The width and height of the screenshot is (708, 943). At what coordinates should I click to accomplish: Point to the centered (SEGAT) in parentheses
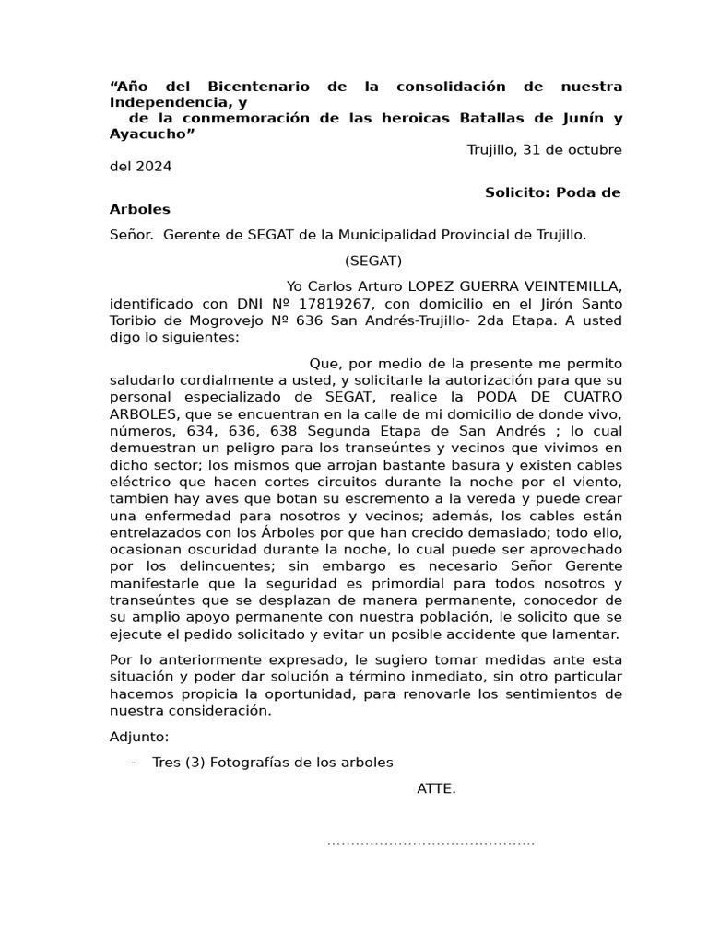(x=373, y=261)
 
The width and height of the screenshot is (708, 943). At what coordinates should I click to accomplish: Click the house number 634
(x=195, y=432)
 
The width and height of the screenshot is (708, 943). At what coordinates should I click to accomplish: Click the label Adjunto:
(x=139, y=737)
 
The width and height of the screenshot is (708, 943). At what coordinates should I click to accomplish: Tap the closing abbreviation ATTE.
(x=436, y=788)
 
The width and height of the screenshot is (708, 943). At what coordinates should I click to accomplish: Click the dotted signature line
(x=431, y=841)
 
